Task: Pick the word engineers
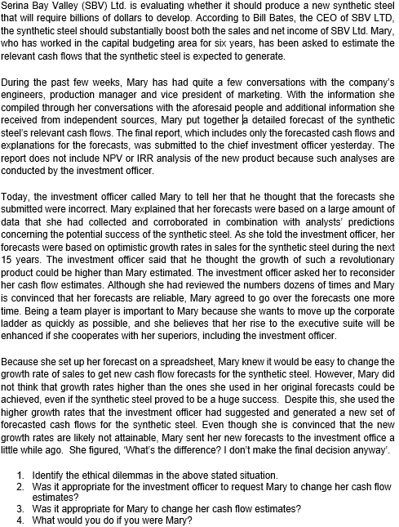[x=24, y=98]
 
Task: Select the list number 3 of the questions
[x=20, y=509]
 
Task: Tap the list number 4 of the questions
[x=20, y=520]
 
